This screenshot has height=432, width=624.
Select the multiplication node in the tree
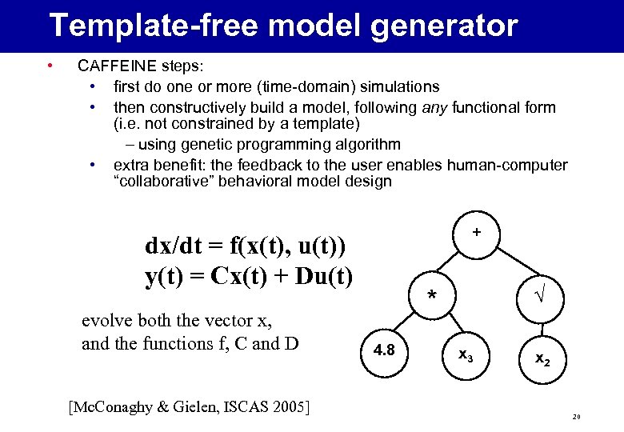point(432,295)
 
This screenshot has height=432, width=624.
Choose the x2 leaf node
point(542,359)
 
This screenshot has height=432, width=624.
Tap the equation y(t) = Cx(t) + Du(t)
point(249,276)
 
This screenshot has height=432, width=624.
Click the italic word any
point(435,107)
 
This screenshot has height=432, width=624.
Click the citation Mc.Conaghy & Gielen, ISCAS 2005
point(189,407)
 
